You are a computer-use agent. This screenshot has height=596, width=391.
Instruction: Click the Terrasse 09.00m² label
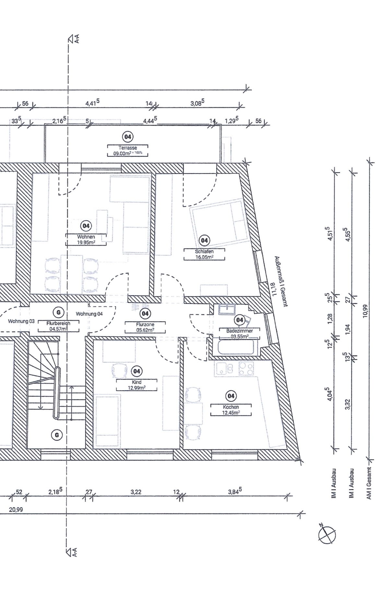point(128,151)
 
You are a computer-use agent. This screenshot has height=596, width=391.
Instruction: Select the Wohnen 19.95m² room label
point(86,240)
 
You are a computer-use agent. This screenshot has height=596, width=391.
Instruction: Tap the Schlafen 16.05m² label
point(204,254)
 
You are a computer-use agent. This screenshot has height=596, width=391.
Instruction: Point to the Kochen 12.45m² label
point(231,410)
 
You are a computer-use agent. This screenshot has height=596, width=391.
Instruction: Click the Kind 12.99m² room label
point(136,385)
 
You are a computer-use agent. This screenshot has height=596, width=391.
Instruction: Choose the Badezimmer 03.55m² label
point(239,333)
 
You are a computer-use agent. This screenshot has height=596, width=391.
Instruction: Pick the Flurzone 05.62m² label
point(145,327)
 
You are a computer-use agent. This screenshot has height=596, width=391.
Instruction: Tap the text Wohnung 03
point(21,321)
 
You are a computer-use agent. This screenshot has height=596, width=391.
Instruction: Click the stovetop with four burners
point(246,368)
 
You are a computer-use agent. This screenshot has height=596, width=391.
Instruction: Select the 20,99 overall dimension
point(16,509)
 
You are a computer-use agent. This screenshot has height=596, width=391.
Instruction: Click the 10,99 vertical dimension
point(365,311)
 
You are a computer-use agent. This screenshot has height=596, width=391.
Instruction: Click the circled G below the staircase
point(57,435)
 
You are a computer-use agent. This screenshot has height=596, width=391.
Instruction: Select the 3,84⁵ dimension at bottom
point(235,491)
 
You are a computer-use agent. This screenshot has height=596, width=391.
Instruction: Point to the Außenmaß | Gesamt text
point(281,281)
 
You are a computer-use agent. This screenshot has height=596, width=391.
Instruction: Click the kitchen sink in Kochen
point(225,368)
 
